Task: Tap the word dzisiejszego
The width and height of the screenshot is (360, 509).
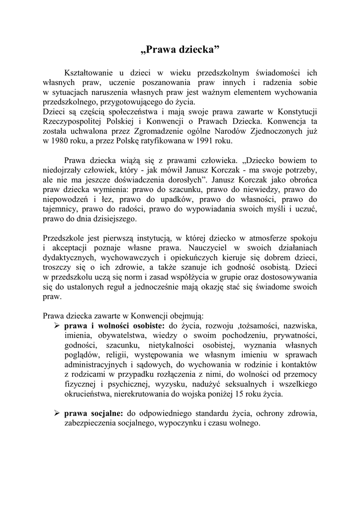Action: [x=114, y=219]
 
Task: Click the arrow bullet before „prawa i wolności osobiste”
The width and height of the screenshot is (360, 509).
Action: [x=57, y=326]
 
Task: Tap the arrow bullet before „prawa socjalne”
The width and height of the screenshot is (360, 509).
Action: [x=57, y=414]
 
